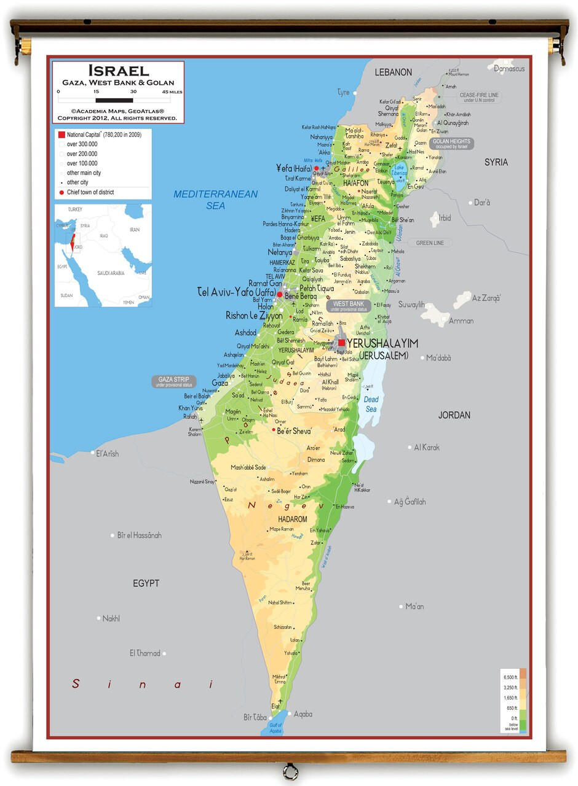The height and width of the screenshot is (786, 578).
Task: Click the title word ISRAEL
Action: (118, 71)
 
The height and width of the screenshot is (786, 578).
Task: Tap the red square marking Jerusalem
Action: (342, 343)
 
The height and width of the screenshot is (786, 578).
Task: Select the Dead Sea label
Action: (371, 404)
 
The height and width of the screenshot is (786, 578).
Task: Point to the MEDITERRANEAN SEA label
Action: (215, 200)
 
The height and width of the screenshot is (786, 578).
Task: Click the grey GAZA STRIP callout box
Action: (175, 381)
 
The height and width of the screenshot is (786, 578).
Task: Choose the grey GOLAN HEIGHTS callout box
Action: (451, 144)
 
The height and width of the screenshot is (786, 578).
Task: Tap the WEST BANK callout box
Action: (349, 306)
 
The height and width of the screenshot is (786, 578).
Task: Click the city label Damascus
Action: (509, 69)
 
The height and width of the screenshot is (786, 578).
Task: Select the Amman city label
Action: (461, 321)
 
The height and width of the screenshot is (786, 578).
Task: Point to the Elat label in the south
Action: (275, 707)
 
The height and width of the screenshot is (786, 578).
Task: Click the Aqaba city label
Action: (303, 714)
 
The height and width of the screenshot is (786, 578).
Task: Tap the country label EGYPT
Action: (146, 583)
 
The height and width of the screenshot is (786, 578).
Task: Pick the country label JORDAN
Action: (454, 415)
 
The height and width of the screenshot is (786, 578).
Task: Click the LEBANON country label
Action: (394, 72)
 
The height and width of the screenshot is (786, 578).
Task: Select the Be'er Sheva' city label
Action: (294, 430)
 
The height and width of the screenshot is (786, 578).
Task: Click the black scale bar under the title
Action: (114, 99)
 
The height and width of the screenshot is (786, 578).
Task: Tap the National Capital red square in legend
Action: (61, 134)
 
